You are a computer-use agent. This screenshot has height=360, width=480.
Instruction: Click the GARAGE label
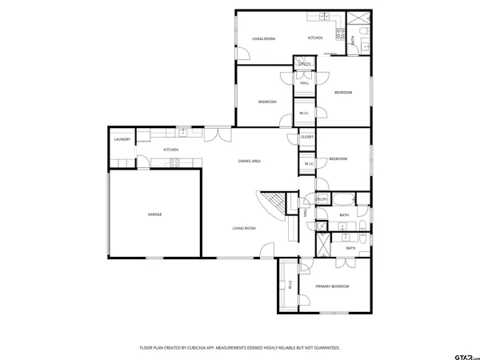[154, 214]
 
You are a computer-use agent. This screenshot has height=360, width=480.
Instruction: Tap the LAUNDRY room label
[122, 140]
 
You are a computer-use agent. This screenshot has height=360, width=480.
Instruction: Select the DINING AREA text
[250, 162]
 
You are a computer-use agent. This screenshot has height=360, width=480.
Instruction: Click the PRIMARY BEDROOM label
[332, 286]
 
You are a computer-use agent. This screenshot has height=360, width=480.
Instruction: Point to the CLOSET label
[307, 138]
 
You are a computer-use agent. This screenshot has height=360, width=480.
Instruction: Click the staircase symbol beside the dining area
[274, 204]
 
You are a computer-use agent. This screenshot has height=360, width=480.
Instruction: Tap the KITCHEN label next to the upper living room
[315, 38]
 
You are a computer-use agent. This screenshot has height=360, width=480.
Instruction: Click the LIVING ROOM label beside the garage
[244, 229]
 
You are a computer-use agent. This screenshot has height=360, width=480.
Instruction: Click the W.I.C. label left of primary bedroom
[290, 285]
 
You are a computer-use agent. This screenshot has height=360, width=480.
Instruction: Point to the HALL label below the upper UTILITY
[304, 82]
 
